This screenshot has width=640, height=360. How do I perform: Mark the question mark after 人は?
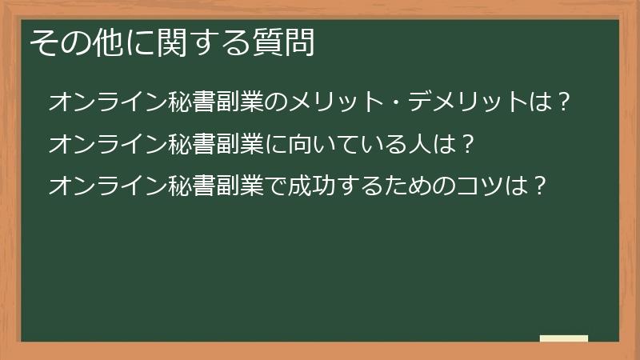[x=469, y=144]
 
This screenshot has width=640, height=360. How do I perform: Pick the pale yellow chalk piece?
[x=564, y=338]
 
